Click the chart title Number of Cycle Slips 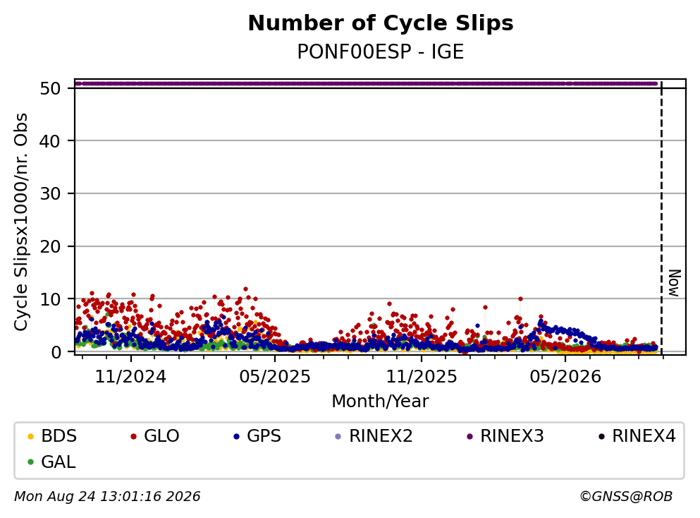pyautogui.click(x=381, y=23)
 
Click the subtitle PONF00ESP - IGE pyautogui.click(x=381, y=52)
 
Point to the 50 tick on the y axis pyautogui.click(x=50, y=88)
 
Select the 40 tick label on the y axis pyautogui.click(x=50, y=141)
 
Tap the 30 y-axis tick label pyautogui.click(x=50, y=194)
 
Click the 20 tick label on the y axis pyautogui.click(x=50, y=246)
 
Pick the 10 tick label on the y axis pyautogui.click(x=50, y=299)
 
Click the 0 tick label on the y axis pyautogui.click(x=56, y=351)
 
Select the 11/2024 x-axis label pyautogui.click(x=130, y=377)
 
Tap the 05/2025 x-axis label pyautogui.click(x=274, y=377)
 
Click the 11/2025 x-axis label pyautogui.click(x=422, y=377)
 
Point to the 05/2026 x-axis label pyautogui.click(x=565, y=377)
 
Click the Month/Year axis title pyautogui.click(x=381, y=402)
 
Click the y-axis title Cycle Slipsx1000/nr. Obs pyautogui.click(x=20, y=222)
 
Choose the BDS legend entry pyautogui.click(x=52, y=435)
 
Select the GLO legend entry pyautogui.click(x=155, y=435)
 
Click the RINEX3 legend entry pyautogui.click(x=505, y=435)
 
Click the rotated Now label pyautogui.click(x=674, y=283)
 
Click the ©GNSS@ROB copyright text pyautogui.click(x=626, y=497)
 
